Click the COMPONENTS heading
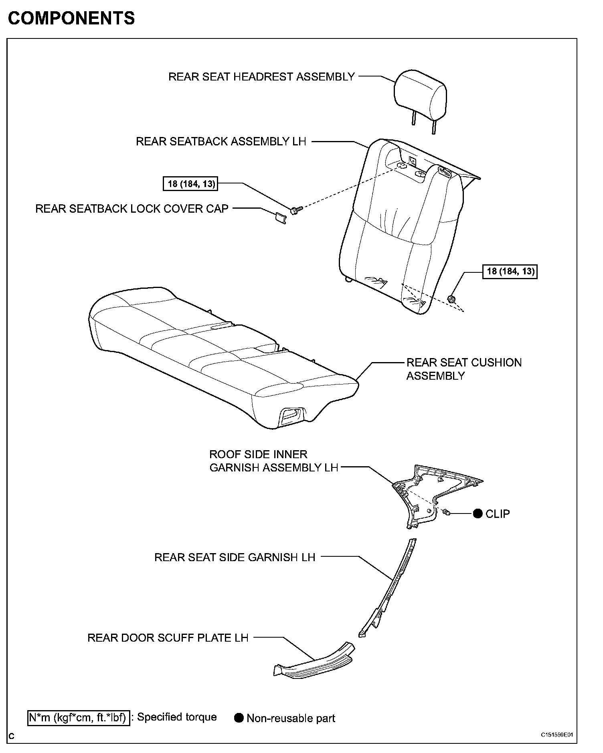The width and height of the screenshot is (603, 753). (71, 18)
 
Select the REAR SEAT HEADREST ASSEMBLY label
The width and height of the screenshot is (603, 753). (261, 77)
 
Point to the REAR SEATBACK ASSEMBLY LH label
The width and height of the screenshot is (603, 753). (221, 141)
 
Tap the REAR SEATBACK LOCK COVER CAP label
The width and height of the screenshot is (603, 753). (132, 209)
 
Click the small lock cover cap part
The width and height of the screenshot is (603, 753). (281, 218)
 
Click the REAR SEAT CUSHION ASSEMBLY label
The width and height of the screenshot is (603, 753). (464, 369)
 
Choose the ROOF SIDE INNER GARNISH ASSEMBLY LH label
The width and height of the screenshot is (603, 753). (274, 461)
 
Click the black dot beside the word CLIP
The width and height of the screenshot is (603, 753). (478, 513)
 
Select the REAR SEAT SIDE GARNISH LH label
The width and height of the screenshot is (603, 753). (235, 557)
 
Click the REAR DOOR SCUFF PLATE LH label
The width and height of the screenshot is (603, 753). (168, 638)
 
